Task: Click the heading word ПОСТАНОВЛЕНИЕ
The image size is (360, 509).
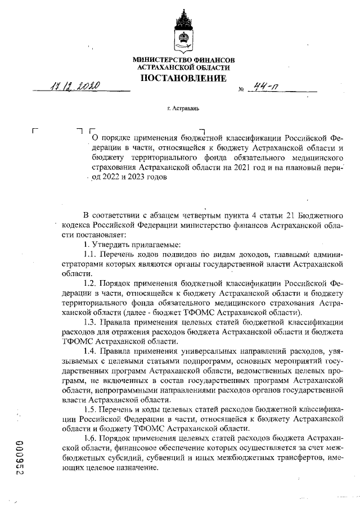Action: coord(183,78)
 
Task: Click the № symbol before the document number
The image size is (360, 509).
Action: coord(241,89)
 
